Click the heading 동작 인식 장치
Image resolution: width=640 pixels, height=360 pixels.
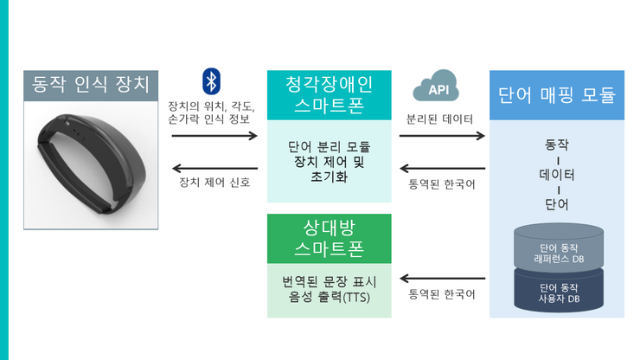(x=91, y=85)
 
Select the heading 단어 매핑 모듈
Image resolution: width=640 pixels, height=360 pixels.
(x=557, y=95)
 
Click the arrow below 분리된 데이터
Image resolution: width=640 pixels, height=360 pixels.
(x=442, y=136)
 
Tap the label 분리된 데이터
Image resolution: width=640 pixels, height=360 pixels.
(x=440, y=118)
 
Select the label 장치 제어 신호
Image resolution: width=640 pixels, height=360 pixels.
(x=214, y=183)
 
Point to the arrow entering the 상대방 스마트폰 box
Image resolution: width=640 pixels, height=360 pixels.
(x=442, y=280)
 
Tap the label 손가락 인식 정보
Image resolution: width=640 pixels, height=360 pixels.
(x=214, y=120)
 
